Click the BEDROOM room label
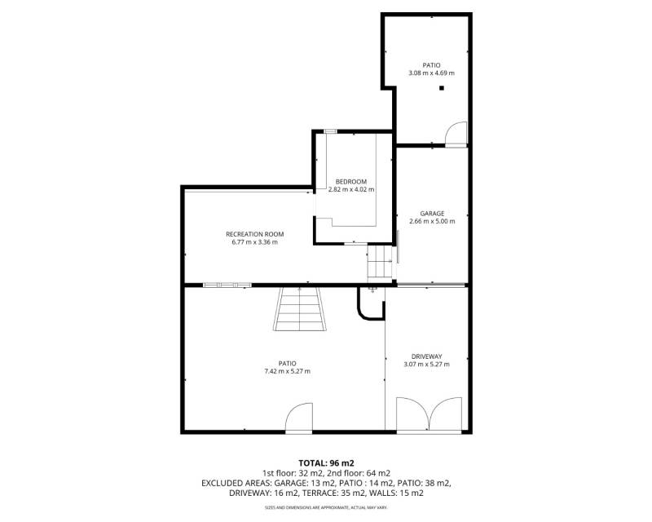351,182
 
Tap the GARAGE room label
432,214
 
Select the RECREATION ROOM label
255,234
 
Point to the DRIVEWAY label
426,356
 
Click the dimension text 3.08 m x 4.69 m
432,73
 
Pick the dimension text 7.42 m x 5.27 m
288,371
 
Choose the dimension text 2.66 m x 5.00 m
432,222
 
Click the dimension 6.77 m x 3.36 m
255,242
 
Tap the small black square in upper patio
442,88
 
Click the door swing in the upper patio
456,133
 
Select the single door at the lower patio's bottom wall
298,418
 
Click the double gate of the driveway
430,414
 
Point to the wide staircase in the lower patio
299,309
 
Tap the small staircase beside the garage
380,262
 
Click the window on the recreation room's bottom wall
227,285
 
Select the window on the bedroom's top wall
331,131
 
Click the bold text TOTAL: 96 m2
327,463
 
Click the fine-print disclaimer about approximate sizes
326,508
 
